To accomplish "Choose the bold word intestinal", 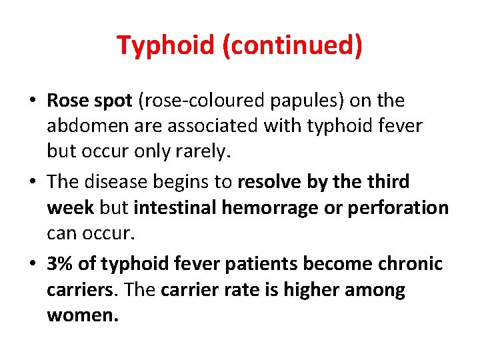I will click(175, 207).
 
